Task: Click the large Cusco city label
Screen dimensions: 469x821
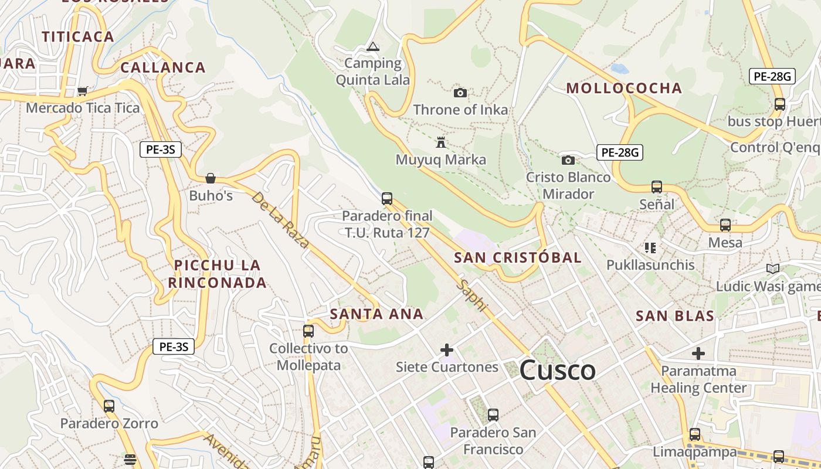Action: pyautogui.click(x=557, y=370)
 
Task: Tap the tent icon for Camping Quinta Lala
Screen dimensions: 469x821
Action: pyautogui.click(x=373, y=47)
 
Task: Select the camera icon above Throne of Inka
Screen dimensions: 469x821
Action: pyautogui.click(x=460, y=93)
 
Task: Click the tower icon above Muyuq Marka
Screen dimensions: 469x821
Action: pyautogui.click(x=441, y=142)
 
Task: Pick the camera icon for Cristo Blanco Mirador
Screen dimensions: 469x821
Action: pyautogui.click(x=568, y=160)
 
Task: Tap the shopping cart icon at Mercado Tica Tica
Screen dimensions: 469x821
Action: pyautogui.click(x=83, y=91)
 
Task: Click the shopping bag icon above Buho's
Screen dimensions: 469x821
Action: pyautogui.click(x=211, y=178)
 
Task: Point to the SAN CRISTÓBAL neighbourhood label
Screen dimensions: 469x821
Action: pyautogui.click(x=518, y=257)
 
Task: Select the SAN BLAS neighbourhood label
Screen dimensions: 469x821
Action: pyautogui.click(x=675, y=316)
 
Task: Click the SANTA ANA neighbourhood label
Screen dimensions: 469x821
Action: pyautogui.click(x=376, y=314)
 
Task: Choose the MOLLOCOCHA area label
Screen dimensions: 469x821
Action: pyautogui.click(x=624, y=89)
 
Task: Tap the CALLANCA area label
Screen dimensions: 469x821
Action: pyautogui.click(x=163, y=67)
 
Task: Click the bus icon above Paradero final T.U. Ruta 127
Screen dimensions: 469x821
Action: pyautogui.click(x=386, y=198)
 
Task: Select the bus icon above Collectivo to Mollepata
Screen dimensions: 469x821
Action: pyautogui.click(x=308, y=331)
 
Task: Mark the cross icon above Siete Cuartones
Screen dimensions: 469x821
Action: pyautogui.click(x=447, y=350)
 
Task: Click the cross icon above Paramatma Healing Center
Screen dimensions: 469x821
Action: pyautogui.click(x=698, y=354)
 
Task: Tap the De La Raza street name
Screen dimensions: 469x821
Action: pyautogui.click(x=280, y=219)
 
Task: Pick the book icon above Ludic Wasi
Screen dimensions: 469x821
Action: pyautogui.click(x=773, y=269)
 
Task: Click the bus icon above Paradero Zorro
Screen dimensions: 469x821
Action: pyautogui.click(x=108, y=406)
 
